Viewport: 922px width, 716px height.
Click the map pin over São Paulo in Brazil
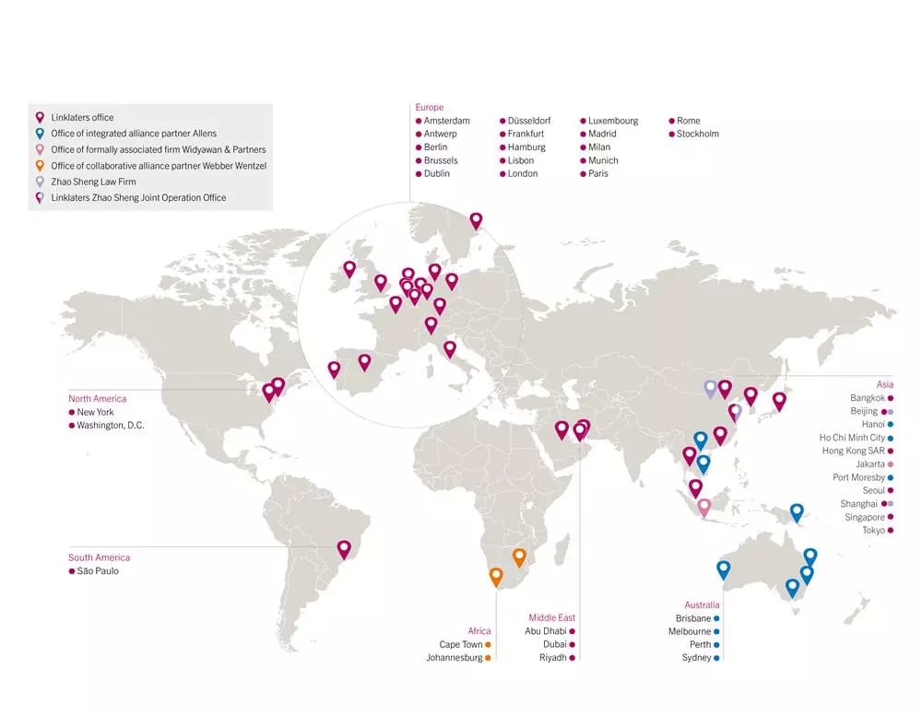[344, 549]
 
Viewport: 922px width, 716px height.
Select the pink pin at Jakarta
[704, 506]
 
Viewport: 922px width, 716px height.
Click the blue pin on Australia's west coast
[724, 569]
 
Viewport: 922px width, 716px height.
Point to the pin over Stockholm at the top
[476, 220]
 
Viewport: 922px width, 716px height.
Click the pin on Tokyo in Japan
[779, 401]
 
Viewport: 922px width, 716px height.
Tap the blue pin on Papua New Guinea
[797, 512]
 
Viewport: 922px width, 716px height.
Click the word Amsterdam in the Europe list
[446, 121]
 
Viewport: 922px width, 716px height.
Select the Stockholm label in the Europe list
[697, 134]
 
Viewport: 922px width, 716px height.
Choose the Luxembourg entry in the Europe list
[613, 121]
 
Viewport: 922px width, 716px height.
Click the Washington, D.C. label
[111, 426]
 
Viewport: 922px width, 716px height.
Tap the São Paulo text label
[98, 571]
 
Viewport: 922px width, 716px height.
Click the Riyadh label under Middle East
[554, 658]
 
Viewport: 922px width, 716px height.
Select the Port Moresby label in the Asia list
[858, 477]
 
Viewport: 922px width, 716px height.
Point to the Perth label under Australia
[700, 645]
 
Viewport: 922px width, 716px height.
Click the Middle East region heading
[552, 617]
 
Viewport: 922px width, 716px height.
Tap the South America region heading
[99, 558]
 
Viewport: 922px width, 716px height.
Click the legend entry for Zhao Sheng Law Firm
[93, 182]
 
